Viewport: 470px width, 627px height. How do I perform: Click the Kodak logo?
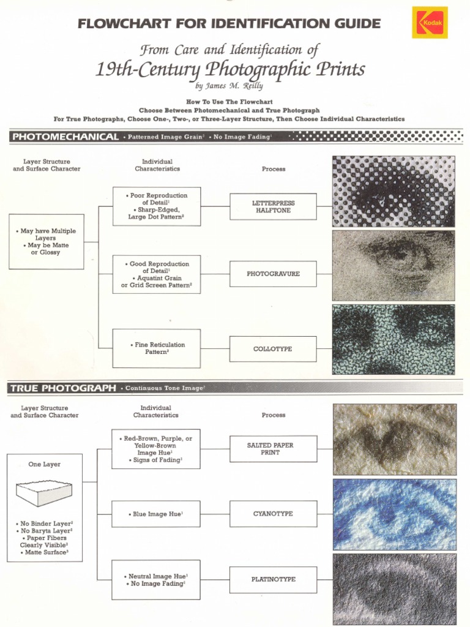pos(430,23)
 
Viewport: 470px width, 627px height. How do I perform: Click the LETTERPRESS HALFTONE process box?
pos(273,207)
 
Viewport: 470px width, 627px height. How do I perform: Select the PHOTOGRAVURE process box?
pos(273,274)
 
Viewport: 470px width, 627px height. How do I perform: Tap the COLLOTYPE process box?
pos(273,349)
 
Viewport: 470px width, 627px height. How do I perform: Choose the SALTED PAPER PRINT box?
pos(273,449)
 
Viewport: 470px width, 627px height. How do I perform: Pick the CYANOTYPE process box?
pos(273,514)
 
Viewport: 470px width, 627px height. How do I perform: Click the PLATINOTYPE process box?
pos(273,579)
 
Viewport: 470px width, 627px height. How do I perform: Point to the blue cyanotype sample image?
pos(394,514)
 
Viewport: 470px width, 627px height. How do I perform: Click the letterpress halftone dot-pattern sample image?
pos(394,190)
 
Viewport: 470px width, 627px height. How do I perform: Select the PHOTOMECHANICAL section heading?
pos(65,137)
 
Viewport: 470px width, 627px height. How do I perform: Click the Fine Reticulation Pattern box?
pos(157,348)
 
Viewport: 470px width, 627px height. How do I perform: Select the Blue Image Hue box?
pos(156,514)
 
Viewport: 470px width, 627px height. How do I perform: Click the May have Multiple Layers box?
pos(47,241)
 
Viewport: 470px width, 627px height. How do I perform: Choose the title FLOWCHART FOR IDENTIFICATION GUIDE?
pos(229,24)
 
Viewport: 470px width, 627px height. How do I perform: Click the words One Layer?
pos(44,465)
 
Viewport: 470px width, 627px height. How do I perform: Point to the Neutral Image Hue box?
pos(156,580)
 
